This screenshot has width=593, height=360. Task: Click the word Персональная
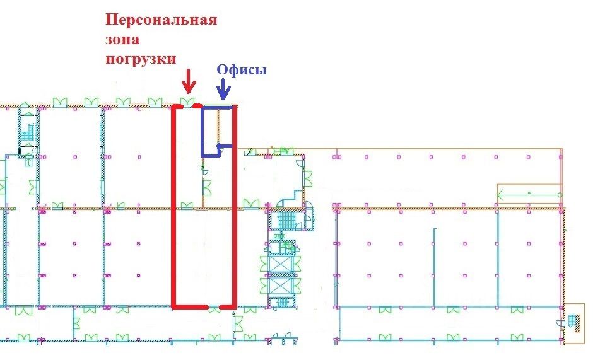[161, 20]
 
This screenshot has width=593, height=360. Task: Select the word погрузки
[140, 58]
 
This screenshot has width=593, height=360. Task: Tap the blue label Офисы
[242, 70]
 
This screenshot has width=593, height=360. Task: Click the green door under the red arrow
[187, 102]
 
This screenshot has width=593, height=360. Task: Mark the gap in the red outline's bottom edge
[214, 308]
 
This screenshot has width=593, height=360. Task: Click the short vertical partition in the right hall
[433, 252]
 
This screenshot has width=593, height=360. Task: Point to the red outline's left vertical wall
[174, 208]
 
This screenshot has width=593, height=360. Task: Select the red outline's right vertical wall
[235, 208]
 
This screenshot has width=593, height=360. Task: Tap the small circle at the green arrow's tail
[560, 195]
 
